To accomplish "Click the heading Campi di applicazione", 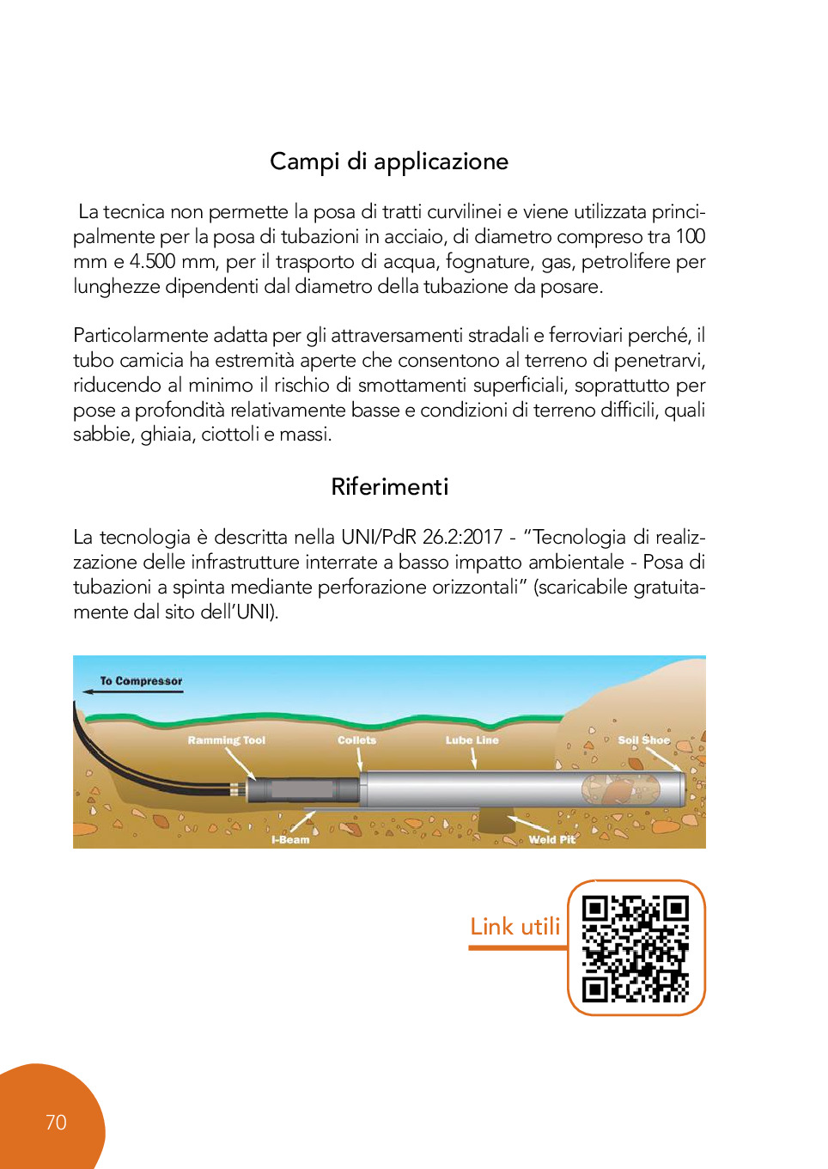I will coord(389,162).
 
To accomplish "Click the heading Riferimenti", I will coord(389,487).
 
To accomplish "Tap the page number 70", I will coord(56,1123).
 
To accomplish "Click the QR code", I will coord(636,948).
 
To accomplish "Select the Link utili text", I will coord(514,927).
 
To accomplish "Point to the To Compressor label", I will coord(141,681).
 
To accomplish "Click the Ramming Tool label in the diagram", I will coord(227,740).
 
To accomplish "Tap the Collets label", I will coord(356,740).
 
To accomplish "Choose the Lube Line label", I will coord(472,740).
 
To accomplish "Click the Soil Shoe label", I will coord(643,740).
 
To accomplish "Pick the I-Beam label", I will coord(290,840).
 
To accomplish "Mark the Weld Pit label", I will coord(551,840).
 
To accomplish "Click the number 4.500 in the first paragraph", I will coord(152,262).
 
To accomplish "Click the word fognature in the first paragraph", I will coord(485,262).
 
